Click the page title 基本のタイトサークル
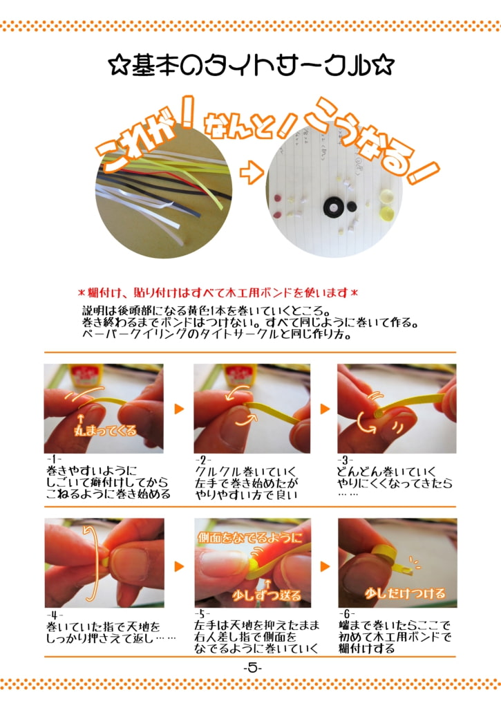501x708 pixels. click(x=251, y=66)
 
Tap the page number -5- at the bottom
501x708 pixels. click(x=252, y=668)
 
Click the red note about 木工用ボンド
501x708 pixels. click(x=218, y=292)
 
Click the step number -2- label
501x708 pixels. click(x=204, y=460)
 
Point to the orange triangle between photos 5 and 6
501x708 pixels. click(x=324, y=565)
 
